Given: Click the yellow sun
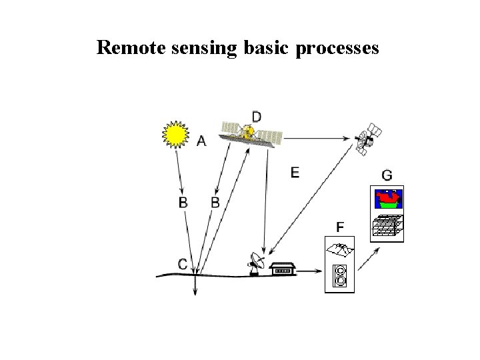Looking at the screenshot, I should coord(175,134).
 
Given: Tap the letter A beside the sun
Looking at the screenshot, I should coord(201,141).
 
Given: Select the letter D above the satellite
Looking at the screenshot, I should coord(256,116).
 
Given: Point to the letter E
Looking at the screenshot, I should coord(295,173).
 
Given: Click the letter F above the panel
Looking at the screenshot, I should coord(340,228).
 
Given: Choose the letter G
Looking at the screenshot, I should coord(387,175).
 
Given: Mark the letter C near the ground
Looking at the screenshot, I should coord(182,264).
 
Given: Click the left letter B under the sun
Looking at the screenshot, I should coord(183,203).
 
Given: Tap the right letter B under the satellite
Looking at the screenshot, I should coord(215,203).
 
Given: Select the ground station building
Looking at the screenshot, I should coord(283,269).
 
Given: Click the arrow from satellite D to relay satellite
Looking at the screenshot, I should coord(317,139).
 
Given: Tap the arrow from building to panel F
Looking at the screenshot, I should coord(307,272).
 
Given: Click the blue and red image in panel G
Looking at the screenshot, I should coord(387,199).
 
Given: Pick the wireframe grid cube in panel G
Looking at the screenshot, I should coord(387,226).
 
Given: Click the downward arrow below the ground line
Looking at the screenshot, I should coord(195,287).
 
